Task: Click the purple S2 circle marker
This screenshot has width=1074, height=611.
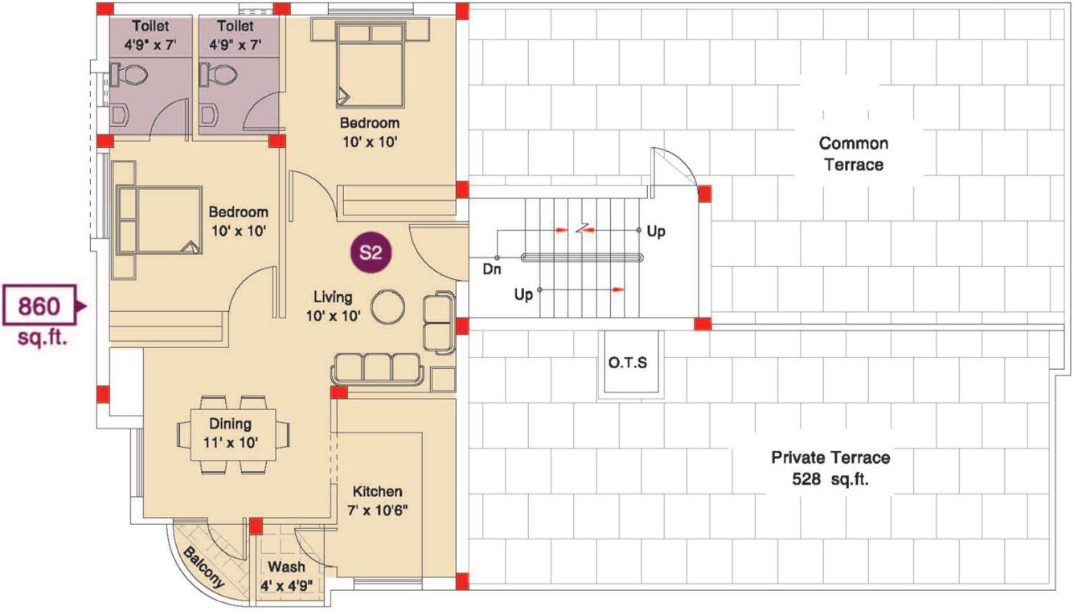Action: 370,252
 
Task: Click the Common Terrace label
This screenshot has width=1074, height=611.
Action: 853,154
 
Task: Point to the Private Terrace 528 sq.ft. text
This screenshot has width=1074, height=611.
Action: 830,467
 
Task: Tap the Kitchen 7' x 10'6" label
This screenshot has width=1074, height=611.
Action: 376,500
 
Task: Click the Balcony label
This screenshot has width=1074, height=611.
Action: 202,568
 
